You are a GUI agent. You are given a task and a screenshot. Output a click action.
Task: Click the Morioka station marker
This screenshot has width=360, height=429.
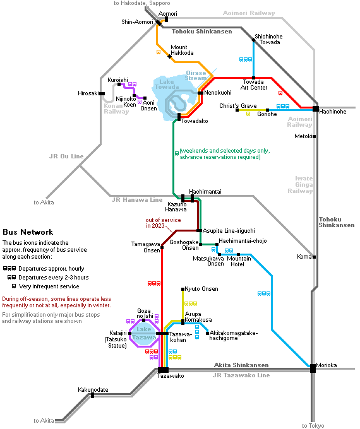[313, 368]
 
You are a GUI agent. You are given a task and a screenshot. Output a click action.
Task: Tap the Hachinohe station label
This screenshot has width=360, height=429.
[333, 112]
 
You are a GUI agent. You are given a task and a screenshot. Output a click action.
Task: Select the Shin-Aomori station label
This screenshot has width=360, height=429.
[137, 22]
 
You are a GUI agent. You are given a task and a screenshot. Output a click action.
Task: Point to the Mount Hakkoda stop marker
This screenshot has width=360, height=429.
[170, 57]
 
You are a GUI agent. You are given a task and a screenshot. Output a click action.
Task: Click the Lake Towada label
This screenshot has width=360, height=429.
[167, 85]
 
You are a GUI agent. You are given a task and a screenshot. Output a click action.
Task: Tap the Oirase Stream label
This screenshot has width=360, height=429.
[196, 76]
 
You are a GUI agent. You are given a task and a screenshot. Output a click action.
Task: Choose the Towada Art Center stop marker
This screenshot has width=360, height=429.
[254, 78]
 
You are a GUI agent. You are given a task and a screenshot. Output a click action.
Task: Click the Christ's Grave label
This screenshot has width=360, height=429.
[238, 106]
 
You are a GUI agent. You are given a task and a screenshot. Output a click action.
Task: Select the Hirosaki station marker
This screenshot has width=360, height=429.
[102, 93]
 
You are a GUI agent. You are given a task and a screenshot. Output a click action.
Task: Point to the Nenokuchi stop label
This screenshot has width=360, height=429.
[218, 93]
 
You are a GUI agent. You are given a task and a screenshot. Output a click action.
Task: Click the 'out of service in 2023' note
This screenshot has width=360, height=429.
[163, 223]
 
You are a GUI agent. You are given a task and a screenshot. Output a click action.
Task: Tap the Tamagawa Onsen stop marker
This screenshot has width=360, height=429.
[162, 247]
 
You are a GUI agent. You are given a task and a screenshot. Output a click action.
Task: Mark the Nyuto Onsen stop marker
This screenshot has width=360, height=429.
[183, 289]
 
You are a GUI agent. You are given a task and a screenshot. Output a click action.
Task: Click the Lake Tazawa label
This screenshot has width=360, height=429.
[144, 333]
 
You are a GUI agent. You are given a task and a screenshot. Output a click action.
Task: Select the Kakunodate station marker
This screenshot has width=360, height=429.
[93, 396]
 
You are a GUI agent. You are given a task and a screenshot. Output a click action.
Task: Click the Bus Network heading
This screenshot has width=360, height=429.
[28, 232]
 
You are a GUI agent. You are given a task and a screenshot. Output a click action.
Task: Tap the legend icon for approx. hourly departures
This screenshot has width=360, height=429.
[9, 269]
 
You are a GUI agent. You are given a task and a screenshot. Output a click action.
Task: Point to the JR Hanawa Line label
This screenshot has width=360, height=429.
[137, 200]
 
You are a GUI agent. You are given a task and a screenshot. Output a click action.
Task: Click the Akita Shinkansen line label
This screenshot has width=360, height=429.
[241, 365]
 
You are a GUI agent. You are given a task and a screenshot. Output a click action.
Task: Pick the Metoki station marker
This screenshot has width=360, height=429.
[315, 136]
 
